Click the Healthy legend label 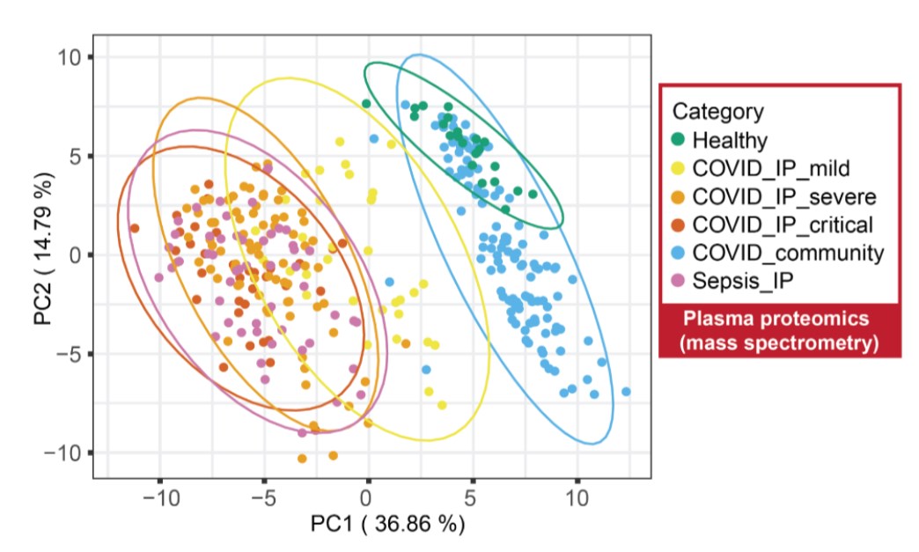[x=730, y=139]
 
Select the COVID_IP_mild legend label [x=771, y=167]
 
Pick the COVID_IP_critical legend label [x=783, y=224]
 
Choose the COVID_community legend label [x=788, y=253]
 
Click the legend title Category [x=717, y=111]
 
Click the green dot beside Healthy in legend [x=679, y=139]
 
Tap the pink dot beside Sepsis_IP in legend [x=679, y=281]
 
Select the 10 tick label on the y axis [x=70, y=57]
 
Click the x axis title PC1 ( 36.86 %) [x=387, y=525]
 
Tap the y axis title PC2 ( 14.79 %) [x=44, y=255]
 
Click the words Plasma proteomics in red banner [x=779, y=320]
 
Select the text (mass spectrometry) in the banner [x=779, y=342]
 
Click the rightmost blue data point [x=626, y=391]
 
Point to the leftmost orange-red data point [x=135, y=229]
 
